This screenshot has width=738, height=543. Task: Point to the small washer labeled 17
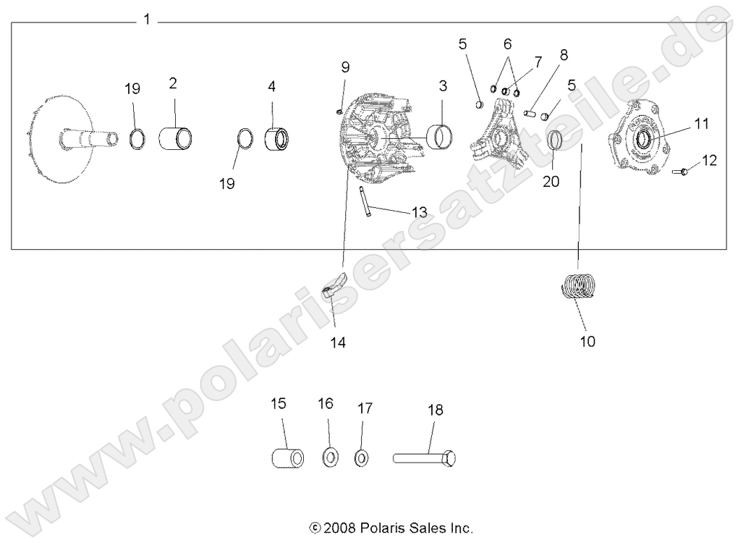[361, 458]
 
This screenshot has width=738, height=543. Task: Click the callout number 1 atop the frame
[147, 20]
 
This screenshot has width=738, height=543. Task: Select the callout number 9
[345, 67]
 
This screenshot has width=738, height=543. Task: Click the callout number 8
[564, 54]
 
